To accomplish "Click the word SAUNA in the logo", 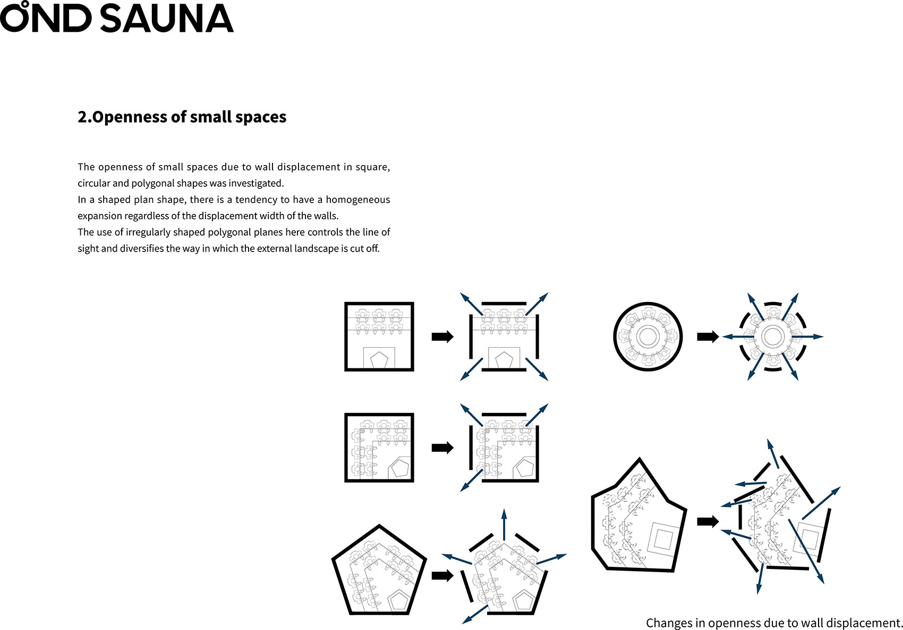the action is pyautogui.click(x=167, y=19).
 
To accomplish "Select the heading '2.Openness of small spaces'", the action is pyautogui.click(x=182, y=117).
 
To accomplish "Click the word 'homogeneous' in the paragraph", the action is pyautogui.click(x=357, y=200).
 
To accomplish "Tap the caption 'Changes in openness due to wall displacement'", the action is pyautogui.click(x=773, y=623).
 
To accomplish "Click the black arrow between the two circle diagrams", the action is pyautogui.click(x=708, y=336).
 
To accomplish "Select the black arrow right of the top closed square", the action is pyautogui.click(x=442, y=336).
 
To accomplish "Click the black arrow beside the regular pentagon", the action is pyautogui.click(x=442, y=576).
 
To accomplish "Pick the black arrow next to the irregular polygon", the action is pyautogui.click(x=708, y=521).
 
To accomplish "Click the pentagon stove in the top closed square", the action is pyautogui.click(x=379, y=360).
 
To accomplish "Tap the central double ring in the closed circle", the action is pyautogui.click(x=648, y=335).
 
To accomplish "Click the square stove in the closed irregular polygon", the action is pyautogui.click(x=663, y=540).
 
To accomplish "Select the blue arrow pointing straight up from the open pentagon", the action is pyautogui.click(x=504, y=524).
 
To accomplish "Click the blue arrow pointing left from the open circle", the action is pyautogui.click(x=738, y=336).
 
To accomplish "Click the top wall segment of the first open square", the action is pyautogui.click(x=504, y=303).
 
